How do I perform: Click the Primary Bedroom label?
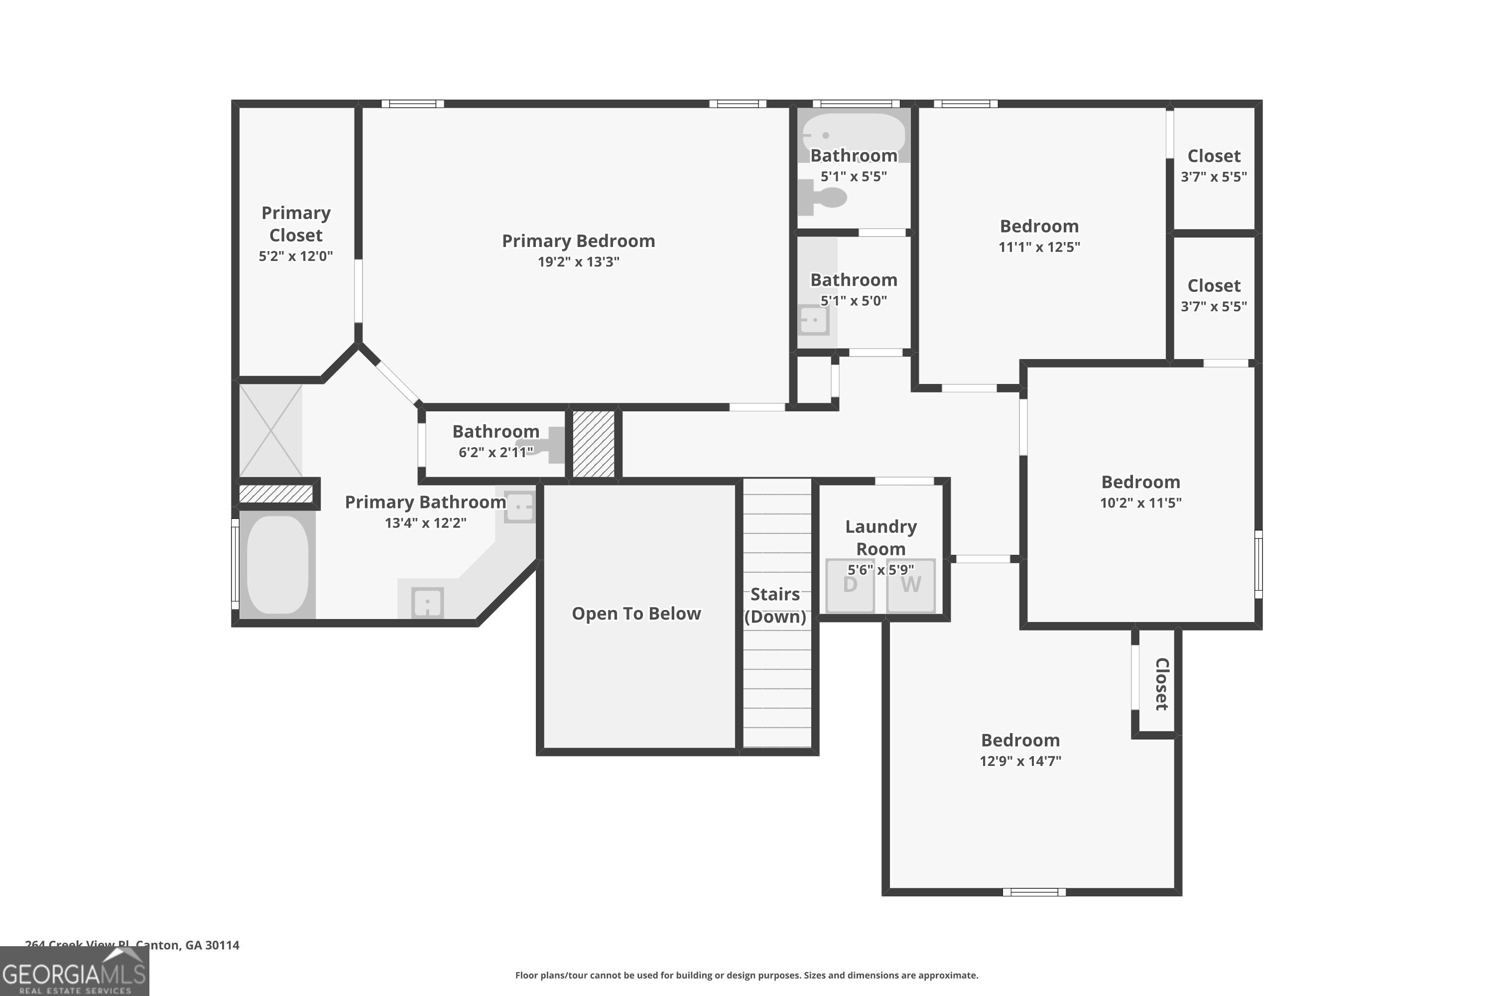(578, 241)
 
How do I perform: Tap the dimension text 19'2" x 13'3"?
(578, 262)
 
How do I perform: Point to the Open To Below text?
(636, 614)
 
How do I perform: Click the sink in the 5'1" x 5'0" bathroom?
(814, 320)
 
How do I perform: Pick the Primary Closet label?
(296, 224)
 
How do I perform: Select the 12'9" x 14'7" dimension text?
(1020, 761)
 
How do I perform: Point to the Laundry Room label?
(880, 537)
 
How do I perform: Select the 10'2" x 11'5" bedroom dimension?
(1140, 502)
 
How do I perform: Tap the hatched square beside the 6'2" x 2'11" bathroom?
(593, 443)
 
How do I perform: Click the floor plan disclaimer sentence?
(747, 975)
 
